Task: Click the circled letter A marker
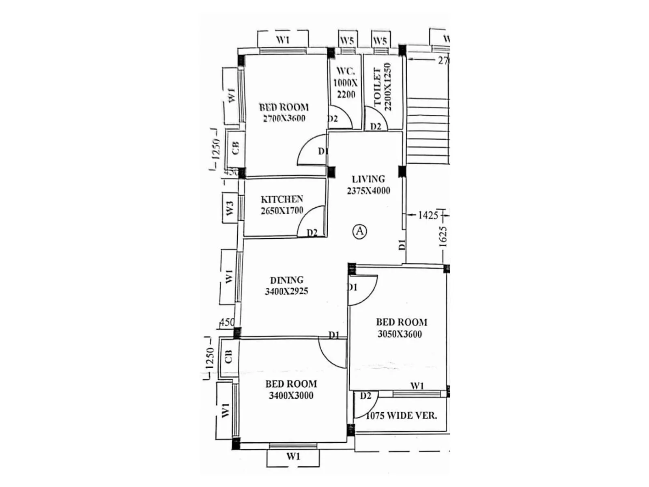pos(359,231)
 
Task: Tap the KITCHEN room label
pos(282,199)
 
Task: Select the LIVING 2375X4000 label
pos(368,185)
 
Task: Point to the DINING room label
pos(287,280)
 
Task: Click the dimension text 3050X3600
pos(400,334)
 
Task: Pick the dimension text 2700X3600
pos(284,119)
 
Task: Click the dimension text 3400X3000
pos(291,395)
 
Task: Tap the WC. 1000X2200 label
pos(346,83)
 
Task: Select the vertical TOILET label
pos(377,87)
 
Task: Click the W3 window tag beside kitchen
pos(230,208)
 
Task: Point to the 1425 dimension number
pos(428,215)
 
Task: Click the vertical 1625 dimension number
pos(443,236)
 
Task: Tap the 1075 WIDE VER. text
pos(401,416)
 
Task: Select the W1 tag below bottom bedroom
pos(293,456)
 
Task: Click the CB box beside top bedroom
pos(235,148)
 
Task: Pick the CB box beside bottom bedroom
pos(228,356)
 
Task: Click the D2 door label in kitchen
pos(312,233)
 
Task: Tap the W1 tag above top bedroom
pos(283,40)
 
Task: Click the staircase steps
pos(428,130)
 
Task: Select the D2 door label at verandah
pos(365,396)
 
